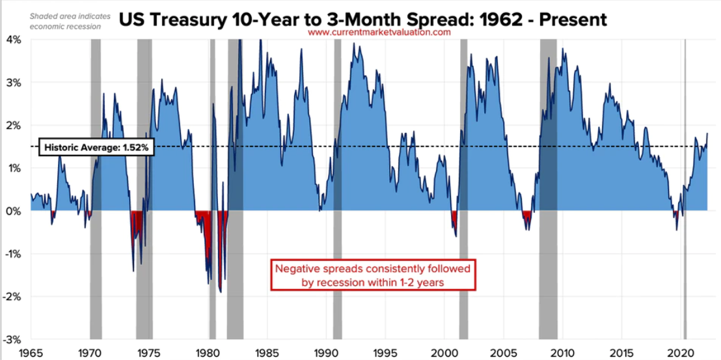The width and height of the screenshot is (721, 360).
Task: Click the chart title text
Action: pyautogui.click(x=362, y=19)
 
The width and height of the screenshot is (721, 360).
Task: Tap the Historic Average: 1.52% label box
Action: pyautogui.click(x=97, y=148)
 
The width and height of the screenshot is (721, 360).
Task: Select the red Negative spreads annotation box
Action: pyautogui.click(x=373, y=275)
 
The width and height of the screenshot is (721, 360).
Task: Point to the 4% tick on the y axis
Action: pyautogui.click(x=14, y=40)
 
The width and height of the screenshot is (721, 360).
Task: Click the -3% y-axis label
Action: pyautogui.click(x=12, y=339)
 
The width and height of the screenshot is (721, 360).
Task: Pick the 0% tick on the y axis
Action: pyautogui.click(x=14, y=211)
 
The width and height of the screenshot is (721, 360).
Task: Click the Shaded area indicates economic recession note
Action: pyautogui.click(x=70, y=21)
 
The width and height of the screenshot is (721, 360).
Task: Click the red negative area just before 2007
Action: pyautogui.click(x=526, y=217)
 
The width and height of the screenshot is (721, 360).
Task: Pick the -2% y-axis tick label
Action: pyautogui.click(x=12, y=296)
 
